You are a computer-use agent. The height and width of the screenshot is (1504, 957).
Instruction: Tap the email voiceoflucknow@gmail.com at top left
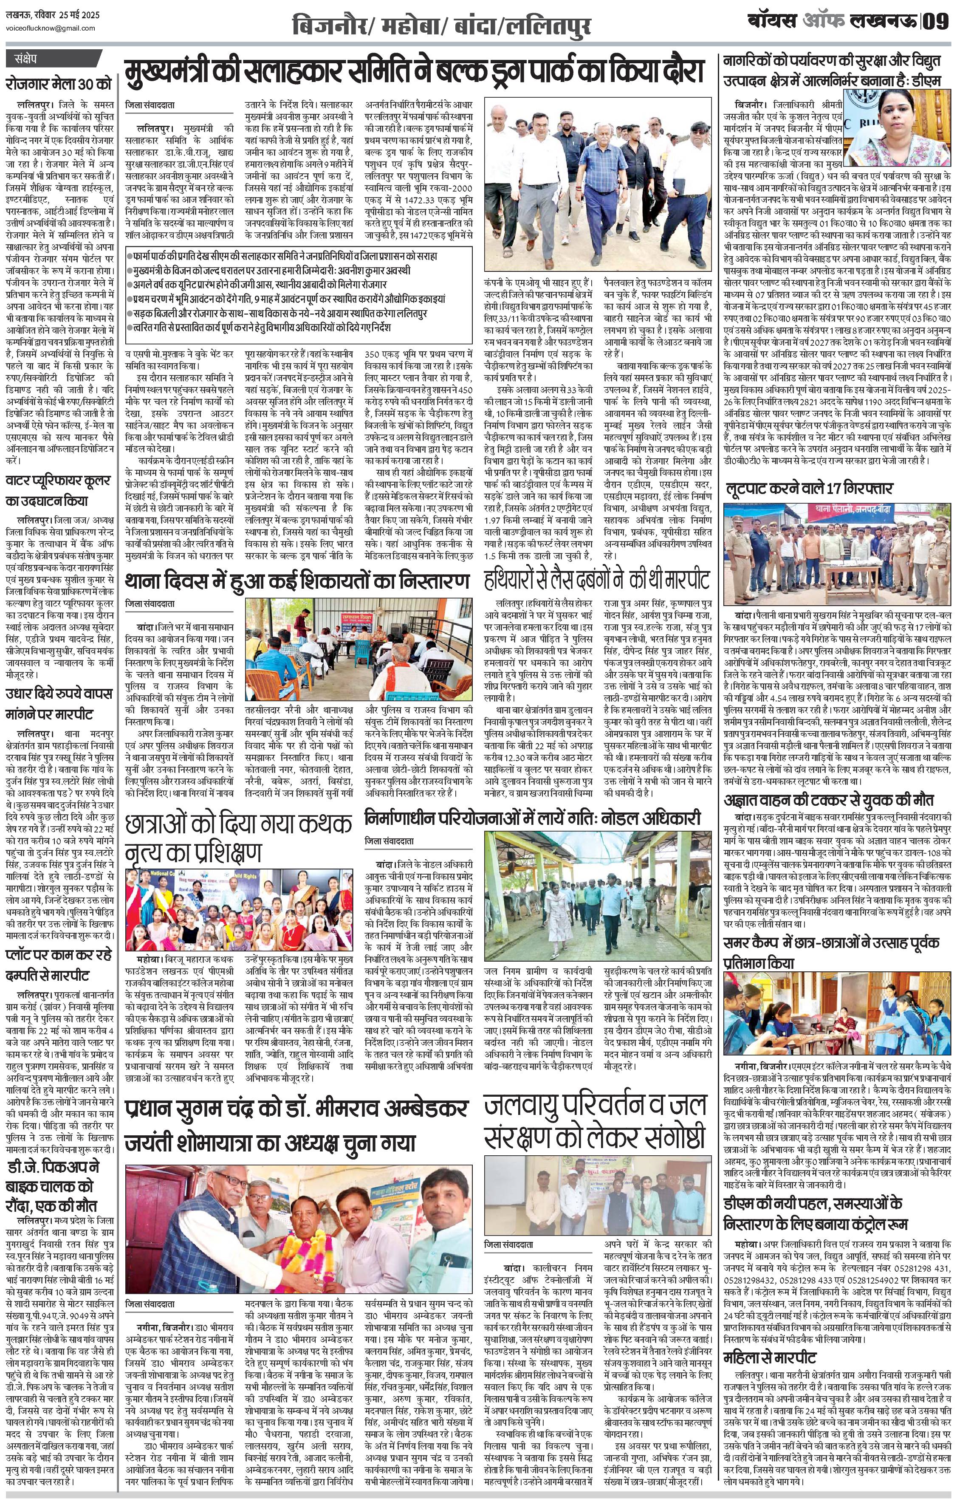[x=41, y=29]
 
